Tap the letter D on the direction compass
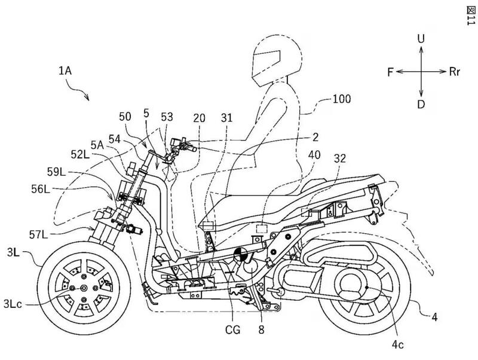click(421, 104)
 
